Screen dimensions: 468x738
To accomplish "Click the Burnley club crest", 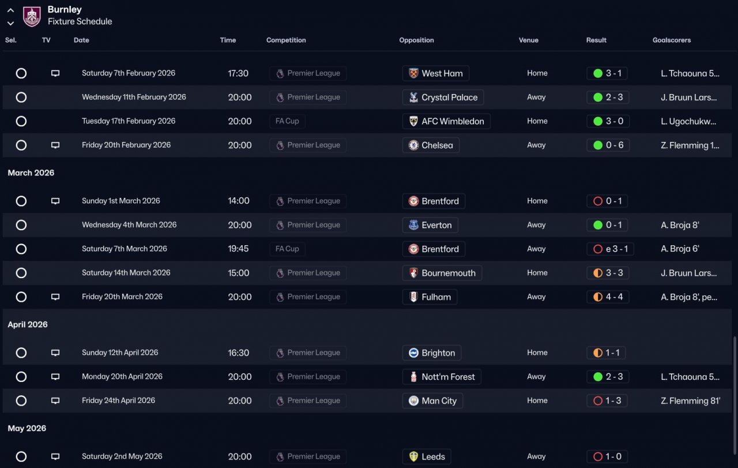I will pos(32,16).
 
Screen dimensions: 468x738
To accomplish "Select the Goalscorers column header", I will pos(671,40).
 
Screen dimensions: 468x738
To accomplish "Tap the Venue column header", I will pos(528,40).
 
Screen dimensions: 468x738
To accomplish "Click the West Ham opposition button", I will pos(435,73).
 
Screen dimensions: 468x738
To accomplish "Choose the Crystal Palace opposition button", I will pos(443,98).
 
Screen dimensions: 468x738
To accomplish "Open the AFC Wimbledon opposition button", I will pos(446,121).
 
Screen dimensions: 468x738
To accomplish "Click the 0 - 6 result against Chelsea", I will pos(608,145).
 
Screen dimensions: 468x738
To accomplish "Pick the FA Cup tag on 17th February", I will pos(287,121).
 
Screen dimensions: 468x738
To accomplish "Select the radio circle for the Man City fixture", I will pos(21,400).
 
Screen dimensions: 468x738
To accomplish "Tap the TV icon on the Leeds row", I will pos(55,456).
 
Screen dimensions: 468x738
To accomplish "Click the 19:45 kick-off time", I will pos(239,249).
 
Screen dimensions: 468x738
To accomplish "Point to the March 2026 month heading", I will pos(31,173).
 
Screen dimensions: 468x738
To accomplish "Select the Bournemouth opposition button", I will pos(442,273).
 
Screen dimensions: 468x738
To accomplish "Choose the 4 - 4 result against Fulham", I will pos(608,297).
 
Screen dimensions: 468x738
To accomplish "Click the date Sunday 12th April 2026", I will pos(120,353).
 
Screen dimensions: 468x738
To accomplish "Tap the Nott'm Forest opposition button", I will pos(441,377).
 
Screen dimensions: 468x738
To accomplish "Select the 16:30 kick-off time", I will pos(239,353).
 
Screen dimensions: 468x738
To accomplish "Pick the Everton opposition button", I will pos(430,225).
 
